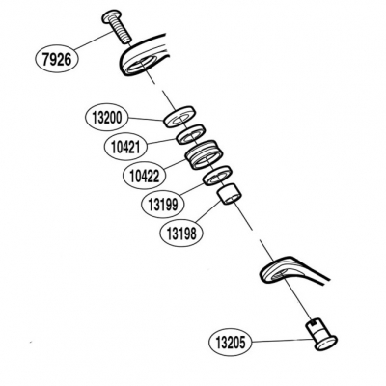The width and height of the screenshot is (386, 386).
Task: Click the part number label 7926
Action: pyautogui.click(x=56, y=60)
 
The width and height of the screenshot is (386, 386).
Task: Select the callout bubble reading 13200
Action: pyautogui.click(x=107, y=118)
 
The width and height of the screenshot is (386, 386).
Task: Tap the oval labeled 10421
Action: pyautogui.click(x=125, y=147)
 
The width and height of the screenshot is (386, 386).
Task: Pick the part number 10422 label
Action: pyautogui.click(x=145, y=176)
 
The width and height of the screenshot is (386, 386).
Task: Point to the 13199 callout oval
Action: pyautogui.click(x=163, y=204)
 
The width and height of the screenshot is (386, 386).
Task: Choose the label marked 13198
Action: pyautogui.click(x=181, y=233)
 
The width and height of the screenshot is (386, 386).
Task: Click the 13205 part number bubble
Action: pyautogui.click(x=231, y=343)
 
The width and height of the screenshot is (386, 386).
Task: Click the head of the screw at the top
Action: pyautogui.click(x=112, y=16)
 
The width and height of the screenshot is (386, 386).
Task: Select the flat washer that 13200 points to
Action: pyautogui.click(x=179, y=116)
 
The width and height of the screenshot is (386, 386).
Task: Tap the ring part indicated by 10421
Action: pyautogui.click(x=190, y=134)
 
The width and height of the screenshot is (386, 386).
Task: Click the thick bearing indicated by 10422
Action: pyautogui.click(x=203, y=154)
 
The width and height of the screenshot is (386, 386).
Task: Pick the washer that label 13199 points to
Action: pyautogui.click(x=217, y=176)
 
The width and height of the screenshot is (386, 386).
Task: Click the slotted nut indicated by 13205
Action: pyautogui.click(x=321, y=335)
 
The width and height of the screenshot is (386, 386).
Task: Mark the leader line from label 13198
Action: pyautogui.click(x=207, y=210)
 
